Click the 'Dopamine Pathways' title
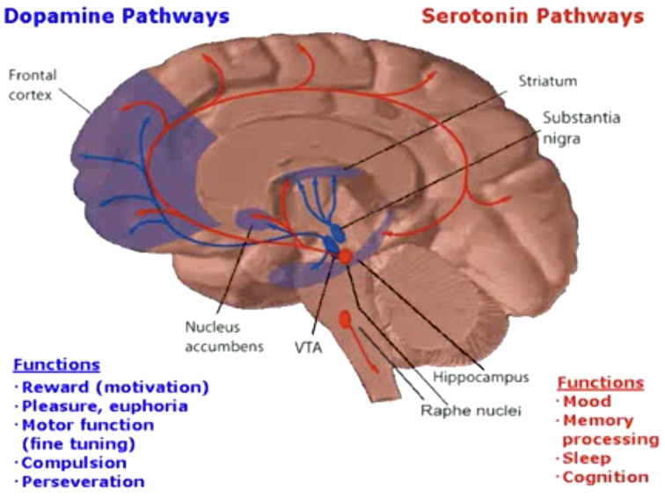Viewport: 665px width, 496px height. (117, 16)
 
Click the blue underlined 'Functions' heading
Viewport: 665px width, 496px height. (56, 364)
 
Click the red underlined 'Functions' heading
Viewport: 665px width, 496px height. (601, 383)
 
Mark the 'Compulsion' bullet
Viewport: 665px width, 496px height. (74, 463)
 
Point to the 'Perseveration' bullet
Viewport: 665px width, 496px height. (83, 482)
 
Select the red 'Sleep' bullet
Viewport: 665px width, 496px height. (587, 458)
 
